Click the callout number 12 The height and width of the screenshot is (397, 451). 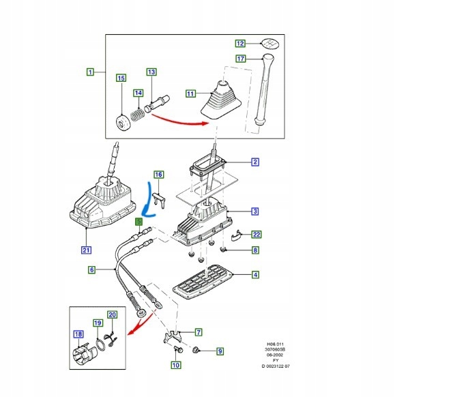[239, 43]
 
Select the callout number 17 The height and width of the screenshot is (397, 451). [240, 59]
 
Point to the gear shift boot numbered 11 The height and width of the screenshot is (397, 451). [220, 102]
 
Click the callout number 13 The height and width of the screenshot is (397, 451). [151, 72]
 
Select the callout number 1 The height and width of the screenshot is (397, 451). [90, 72]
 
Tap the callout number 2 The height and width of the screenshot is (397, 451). [255, 162]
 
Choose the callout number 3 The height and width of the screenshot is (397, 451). [255, 211]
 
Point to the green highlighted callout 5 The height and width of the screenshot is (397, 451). [139, 222]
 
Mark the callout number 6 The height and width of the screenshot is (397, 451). [91, 270]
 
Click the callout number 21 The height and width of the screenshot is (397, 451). [86, 248]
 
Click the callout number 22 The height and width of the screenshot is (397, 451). [256, 234]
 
